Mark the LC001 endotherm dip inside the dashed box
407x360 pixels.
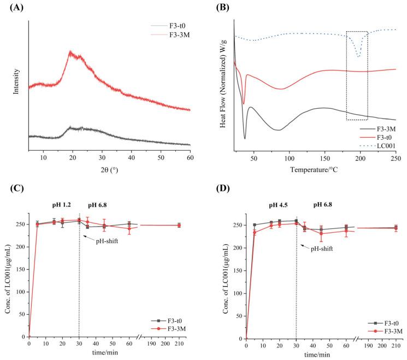358,56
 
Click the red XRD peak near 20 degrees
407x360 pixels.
70,52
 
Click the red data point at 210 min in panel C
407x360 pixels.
179,225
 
